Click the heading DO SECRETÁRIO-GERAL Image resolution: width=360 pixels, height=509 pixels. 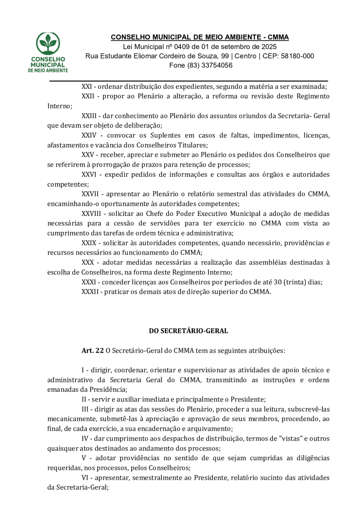188,331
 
